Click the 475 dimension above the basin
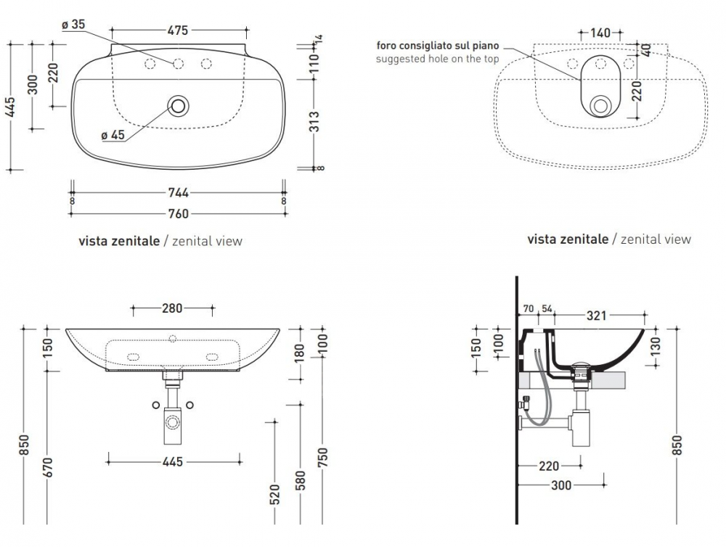(x=178, y=30)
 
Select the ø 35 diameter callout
(x=74, y=25)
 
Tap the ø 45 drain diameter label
(x=113, y=134)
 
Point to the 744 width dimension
(x=178, y=192)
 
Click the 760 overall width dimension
(x=178, y=213)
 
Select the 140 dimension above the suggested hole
(x=600, y=32)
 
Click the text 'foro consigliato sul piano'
(x=436, y=46)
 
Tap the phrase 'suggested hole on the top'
(x=437, y=59)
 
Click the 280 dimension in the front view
(x=172, y=308)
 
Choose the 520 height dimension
(x=274, y=494)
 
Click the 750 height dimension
(x=324, y=458)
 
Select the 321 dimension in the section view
(x=597, y=316)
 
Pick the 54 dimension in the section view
(x=547, y=309)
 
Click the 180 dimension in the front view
(x=301, y=355)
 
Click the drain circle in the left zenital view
(x=178, y=106)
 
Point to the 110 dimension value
(x=314, y=65)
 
